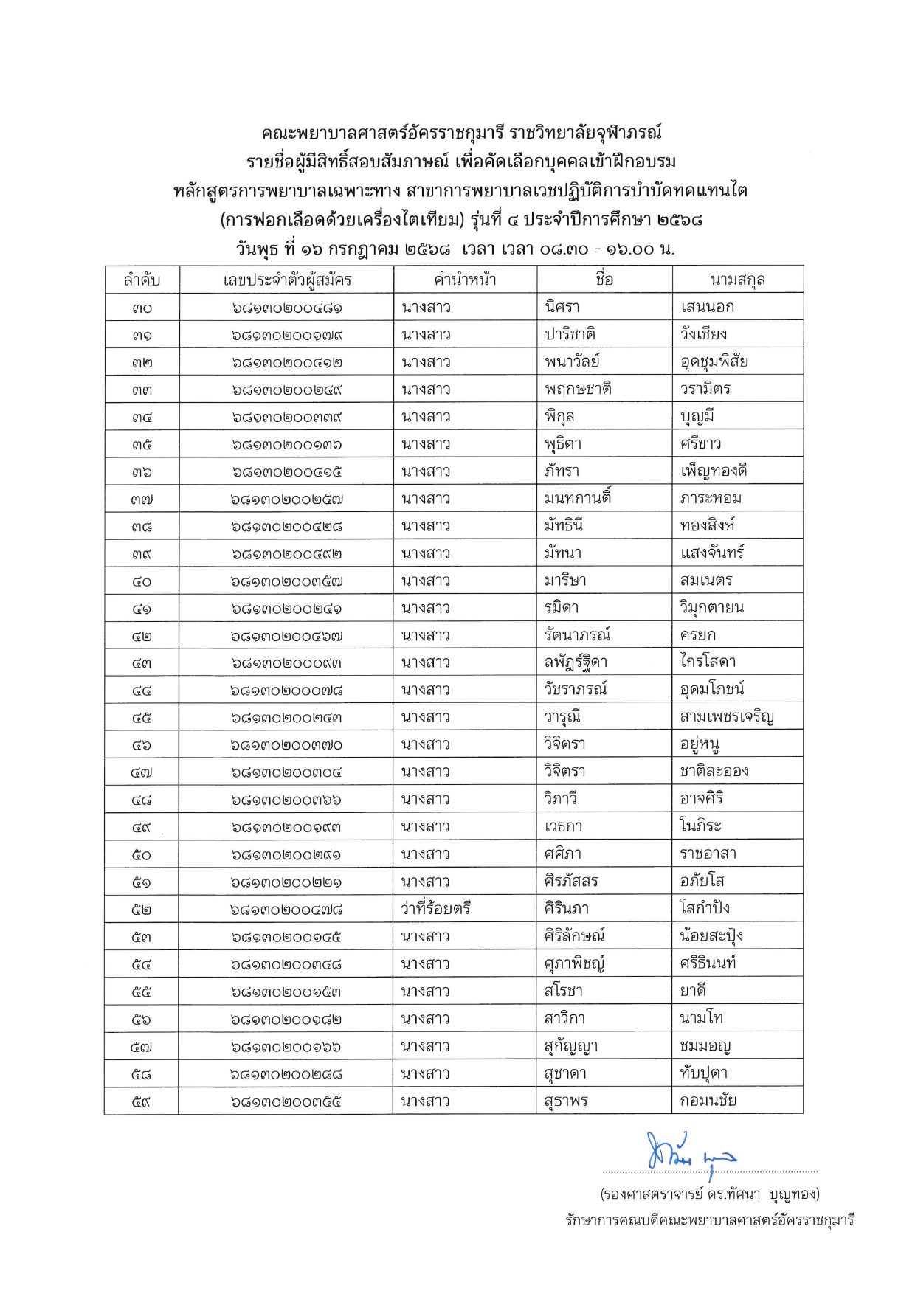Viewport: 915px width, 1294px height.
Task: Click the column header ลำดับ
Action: [x=142, y=280]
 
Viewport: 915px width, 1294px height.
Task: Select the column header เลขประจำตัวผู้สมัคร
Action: [x=287, y=280]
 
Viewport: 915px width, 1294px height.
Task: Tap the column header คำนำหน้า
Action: [x=465, y=280]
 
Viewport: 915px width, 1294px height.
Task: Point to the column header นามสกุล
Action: [x=737, y=280]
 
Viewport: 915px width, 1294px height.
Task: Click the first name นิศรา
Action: [x=562, y=307]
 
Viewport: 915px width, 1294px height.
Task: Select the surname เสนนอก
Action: [x=707, y=307]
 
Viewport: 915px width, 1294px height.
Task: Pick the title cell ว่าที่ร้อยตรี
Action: [x=436, y=908]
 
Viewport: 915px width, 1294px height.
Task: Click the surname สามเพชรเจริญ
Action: [x=727, y=717]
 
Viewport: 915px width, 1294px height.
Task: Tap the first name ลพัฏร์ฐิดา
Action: [x=576, y=662]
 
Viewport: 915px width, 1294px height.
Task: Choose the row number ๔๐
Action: [x=142, y=581]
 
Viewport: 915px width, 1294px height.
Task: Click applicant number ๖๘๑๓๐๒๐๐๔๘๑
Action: [x=287, y=308]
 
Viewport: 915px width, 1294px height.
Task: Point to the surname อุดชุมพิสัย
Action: [x=714, y=361]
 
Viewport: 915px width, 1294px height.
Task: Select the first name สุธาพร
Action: [x=566, y=1101]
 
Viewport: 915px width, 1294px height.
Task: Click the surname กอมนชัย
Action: [x=708, y=1101]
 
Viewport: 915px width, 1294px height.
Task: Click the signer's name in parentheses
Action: [x=710, y=1194]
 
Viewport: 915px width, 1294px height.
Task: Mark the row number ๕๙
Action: [x=142, y=1102]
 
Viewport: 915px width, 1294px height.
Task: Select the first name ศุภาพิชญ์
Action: [x=575, y=963]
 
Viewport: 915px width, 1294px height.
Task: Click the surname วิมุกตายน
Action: [x=712, y=608]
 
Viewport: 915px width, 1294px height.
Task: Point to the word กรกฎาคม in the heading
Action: [x=363, y=249]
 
